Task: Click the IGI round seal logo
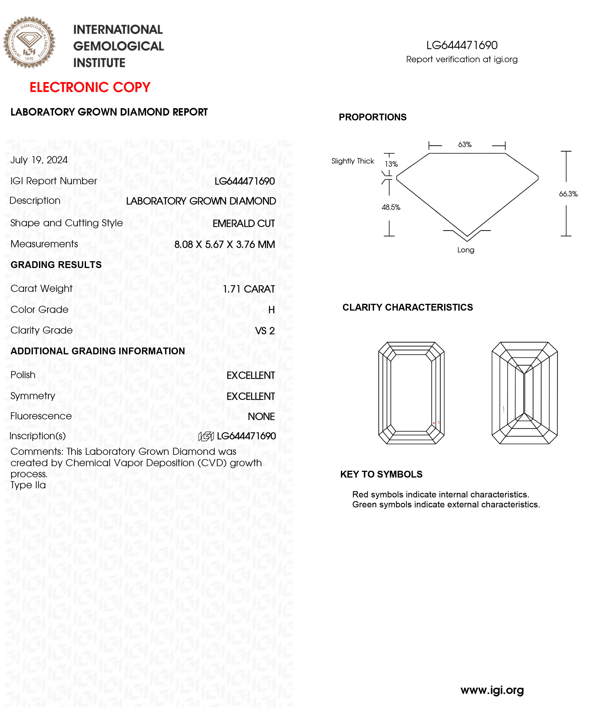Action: pos(29,43)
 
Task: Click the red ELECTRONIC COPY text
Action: pos(90,87)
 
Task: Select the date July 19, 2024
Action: pos(39,160)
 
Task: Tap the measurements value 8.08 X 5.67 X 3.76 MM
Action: pos(224,244)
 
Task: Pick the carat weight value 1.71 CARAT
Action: pos(249,289)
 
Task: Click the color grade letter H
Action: pos(272,310)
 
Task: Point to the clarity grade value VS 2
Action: pos(265,331)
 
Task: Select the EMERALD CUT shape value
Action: pos(244,223)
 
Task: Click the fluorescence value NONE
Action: pos(261,416)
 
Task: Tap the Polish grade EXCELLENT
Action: pos(251,375)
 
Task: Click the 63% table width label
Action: pos(464,145)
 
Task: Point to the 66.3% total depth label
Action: pos(568,194)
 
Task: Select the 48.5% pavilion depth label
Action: pos(391,207)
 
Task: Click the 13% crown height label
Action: pos(391,164)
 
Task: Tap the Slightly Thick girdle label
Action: pos(352,161)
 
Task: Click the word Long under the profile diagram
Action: pos(466,250)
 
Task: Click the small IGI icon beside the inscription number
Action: pos(206,436)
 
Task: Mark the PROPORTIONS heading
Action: pos(372,117)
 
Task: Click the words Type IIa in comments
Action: pos(28,485)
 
